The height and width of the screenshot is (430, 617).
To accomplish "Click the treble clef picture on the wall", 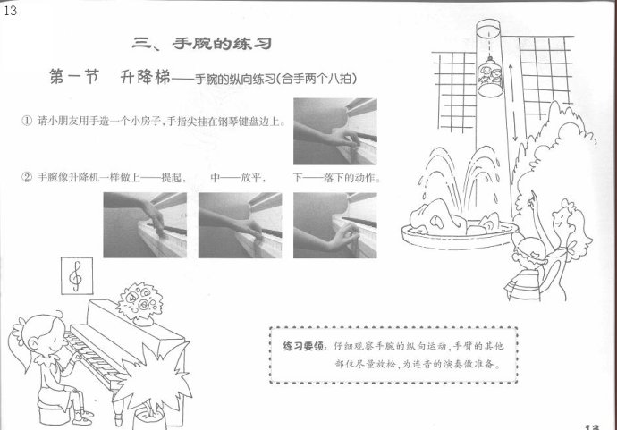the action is point(77,275).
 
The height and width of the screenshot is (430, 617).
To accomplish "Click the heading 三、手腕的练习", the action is point(202,43).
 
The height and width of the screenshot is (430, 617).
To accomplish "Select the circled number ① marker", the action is point(26,121).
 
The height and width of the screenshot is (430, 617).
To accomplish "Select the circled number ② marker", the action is point(26,178).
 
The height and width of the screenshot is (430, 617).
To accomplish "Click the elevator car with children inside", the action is point(490,76).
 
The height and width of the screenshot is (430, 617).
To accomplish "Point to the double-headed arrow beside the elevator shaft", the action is point(512,103).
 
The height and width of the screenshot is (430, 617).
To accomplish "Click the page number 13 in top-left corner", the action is point(10,10).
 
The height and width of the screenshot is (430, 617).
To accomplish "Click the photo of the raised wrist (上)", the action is point(145,225).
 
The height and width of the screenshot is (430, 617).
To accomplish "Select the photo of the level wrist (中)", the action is point(240,225).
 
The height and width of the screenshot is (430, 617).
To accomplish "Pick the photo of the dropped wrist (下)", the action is point(334,225).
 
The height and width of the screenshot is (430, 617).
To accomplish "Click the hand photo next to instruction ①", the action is point(334,131).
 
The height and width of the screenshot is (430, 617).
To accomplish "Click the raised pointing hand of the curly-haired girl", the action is point(533,198).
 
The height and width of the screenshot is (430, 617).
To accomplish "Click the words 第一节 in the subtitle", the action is point(74,77).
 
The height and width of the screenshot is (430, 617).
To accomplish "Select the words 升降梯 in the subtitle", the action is point(145,77).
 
